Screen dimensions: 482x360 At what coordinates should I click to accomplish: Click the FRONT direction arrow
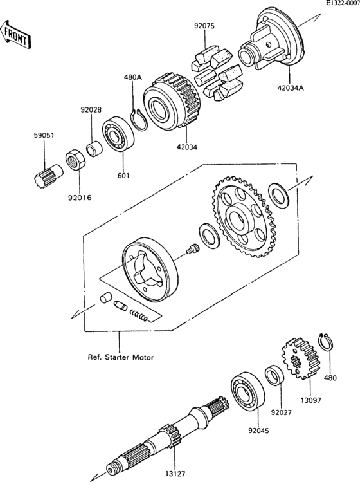point(15,35)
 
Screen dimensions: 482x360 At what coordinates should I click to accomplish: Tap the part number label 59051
point(43,136)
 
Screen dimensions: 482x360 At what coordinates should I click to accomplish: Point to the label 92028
point(91,110)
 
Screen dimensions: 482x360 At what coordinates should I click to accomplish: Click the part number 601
point(123,175)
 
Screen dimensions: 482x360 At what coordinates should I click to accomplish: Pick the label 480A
point(133,78)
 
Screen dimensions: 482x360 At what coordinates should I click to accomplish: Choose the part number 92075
point(204,27)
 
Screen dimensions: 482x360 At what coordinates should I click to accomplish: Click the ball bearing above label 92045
point(246,390)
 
